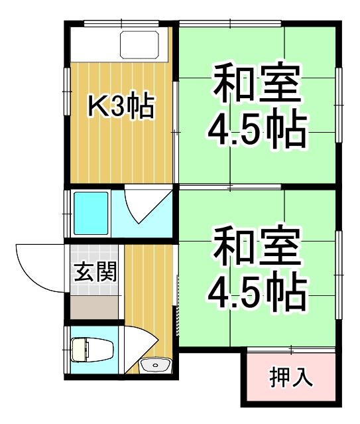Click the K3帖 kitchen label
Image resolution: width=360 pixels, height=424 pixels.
click(122, 107)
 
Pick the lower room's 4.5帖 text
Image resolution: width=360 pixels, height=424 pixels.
click(257, 293)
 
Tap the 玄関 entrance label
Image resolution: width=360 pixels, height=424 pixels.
click(95, 272)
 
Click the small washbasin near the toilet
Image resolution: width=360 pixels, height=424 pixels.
click(156, 365)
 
